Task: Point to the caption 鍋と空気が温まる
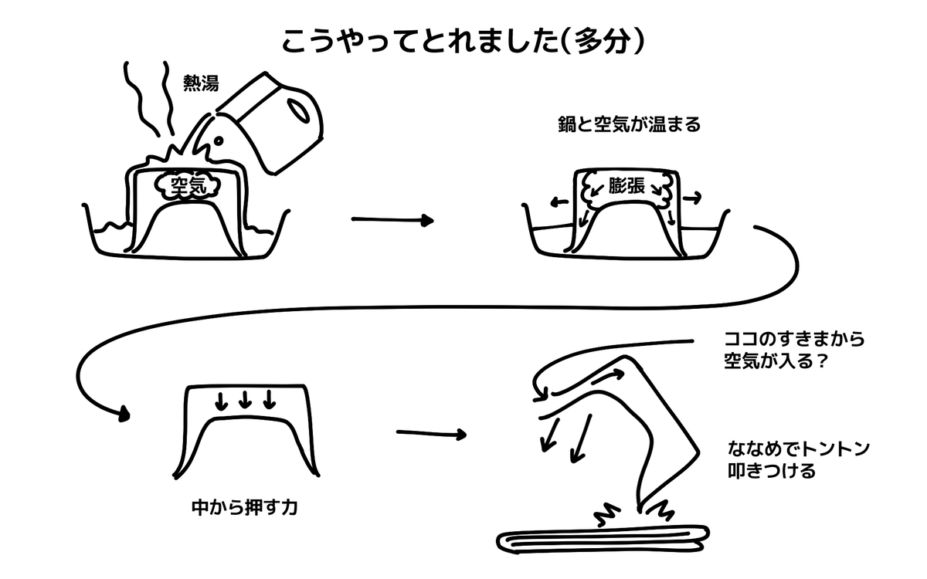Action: coord(629,125)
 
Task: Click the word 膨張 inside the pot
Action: coord(625,186)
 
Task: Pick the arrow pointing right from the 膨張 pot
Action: coord(693,198)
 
